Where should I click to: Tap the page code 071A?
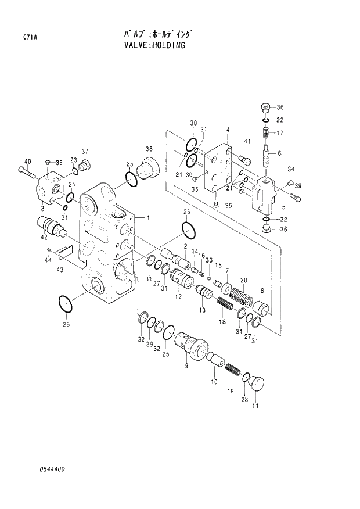click(24, 38)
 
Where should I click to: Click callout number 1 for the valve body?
click(149, 218)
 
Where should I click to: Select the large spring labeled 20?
click(240, 300)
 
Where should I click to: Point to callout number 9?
click(186, 365)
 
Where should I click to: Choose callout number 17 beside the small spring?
click(280, 133)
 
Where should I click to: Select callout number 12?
click(178, 296)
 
